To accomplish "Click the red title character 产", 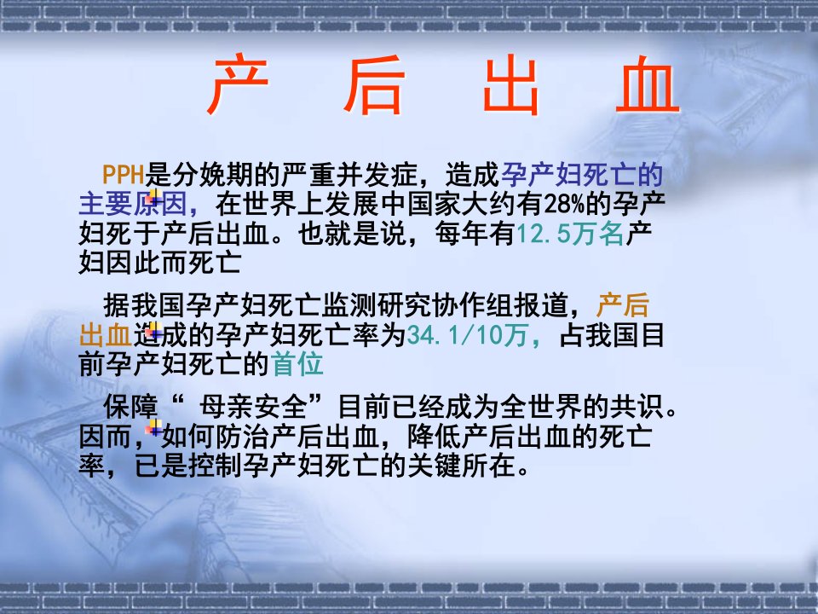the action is coord(238,84).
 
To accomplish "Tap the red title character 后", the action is coord(374,84).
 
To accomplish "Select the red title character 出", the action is coord(511,84).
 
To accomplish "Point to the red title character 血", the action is coord(648,84).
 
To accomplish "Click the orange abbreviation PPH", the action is coord(123,174).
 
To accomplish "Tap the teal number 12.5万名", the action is coord(570,234).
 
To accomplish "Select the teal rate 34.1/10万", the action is coord(467,335).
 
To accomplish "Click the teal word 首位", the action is coord(297,364).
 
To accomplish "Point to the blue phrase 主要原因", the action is coord(133,204).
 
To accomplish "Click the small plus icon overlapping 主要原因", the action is coord(153,197).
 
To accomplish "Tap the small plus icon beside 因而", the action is coord(153,427).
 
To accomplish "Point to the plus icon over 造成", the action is coord(153,331).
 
